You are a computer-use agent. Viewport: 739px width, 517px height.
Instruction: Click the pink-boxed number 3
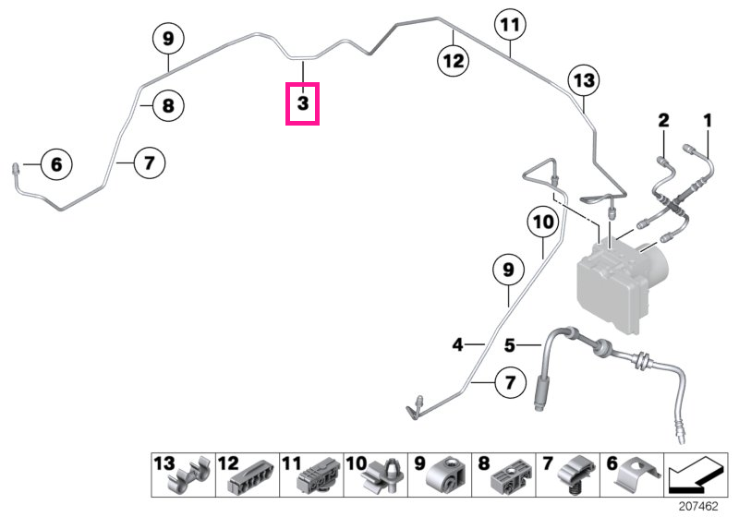pos(303,103)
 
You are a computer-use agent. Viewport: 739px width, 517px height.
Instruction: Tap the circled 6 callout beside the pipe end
pos(56,164)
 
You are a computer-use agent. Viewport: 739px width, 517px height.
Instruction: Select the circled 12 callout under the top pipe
pos(454,61)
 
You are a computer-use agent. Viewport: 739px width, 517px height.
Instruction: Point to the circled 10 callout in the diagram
pos(543,222)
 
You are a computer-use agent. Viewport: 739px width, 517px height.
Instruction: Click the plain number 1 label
pos(708,121)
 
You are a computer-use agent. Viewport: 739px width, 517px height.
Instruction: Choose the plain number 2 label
pos(663,121)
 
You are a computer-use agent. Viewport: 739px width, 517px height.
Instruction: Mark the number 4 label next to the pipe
pos(457,344)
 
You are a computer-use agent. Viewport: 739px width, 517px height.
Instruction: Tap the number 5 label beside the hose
pos(510,345)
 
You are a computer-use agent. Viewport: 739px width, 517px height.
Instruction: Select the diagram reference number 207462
pos(698,506)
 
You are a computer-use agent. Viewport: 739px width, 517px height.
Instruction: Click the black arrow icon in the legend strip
pos(696,475)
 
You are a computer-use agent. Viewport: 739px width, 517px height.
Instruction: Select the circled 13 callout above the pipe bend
pos(584,80)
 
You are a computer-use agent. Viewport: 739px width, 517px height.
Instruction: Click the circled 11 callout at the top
pos(511,25)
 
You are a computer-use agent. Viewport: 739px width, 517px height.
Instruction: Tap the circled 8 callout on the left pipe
pos(168,105)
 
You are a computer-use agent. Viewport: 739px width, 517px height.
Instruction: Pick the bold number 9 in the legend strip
pos(419,463)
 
